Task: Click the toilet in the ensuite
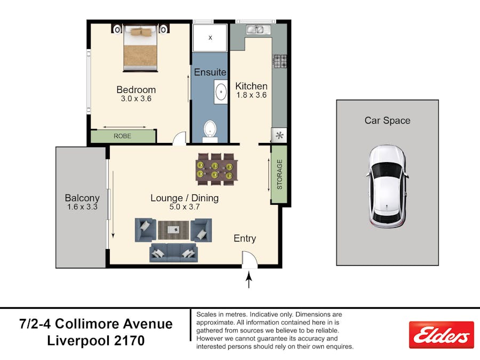click(210, 131)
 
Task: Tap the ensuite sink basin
click(221, 92)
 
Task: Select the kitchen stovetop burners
click(280, 61)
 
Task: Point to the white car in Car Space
click(387, 187)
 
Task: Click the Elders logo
click(441, 335)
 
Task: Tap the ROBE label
click(123, 136)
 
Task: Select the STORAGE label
click(279, 174)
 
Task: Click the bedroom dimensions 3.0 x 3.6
click(136, 99)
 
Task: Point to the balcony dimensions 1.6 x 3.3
click(82, 207)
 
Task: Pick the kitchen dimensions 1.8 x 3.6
click(251, 95)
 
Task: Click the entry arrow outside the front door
click(249, 280)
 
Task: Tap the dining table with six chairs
click(217, 169)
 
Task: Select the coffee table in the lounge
click(174, 229)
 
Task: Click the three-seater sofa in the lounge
click(173, 253)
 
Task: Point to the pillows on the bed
click(140, 32)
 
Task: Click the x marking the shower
click(210, 38)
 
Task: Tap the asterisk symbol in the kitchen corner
click(279, 135)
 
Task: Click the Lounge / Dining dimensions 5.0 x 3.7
click(185, 207)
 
